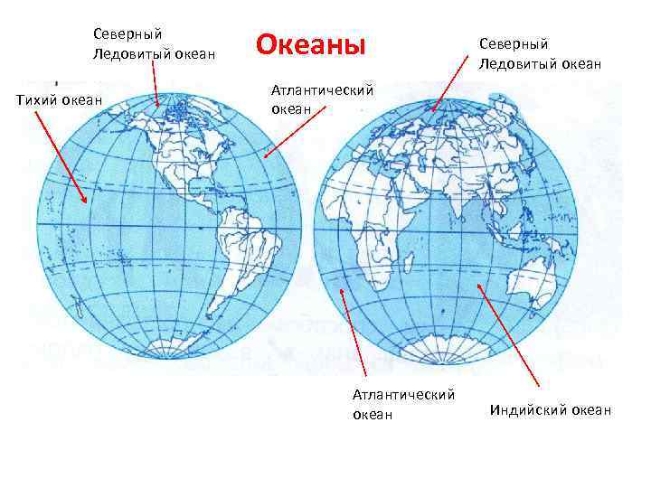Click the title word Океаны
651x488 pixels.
click(311, 44)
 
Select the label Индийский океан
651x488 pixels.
click(550, 410)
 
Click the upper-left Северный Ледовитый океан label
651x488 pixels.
click(154, 43)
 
